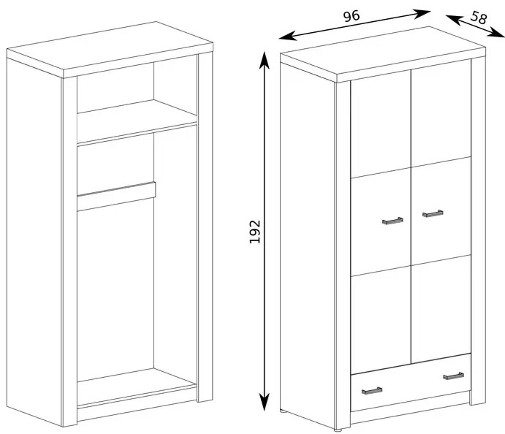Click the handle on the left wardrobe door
[x=392, y=220]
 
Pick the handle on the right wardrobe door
[x=433, y=213]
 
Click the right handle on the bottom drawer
[x=453, y=376]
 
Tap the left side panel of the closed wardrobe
[x=307, y=241]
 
